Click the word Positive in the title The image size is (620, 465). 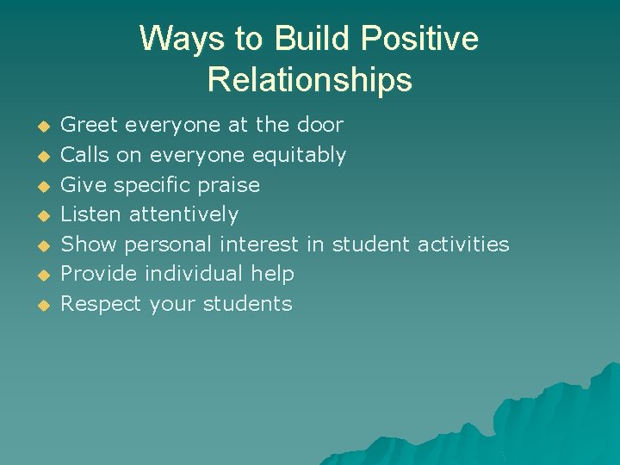(x=419, y=40)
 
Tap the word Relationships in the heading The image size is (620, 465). (x=310, y=80)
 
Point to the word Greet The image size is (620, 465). (x=90, y=125)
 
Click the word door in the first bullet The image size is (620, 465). (x=319, y=125)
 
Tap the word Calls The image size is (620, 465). (x=86, y=155)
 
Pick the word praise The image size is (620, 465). (x=229, y=184)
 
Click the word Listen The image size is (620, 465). (x=92, y=214)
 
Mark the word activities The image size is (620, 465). (x=463, y=245)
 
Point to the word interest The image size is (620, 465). (x=259, y=245)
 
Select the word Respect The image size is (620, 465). (x=102, y=304)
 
